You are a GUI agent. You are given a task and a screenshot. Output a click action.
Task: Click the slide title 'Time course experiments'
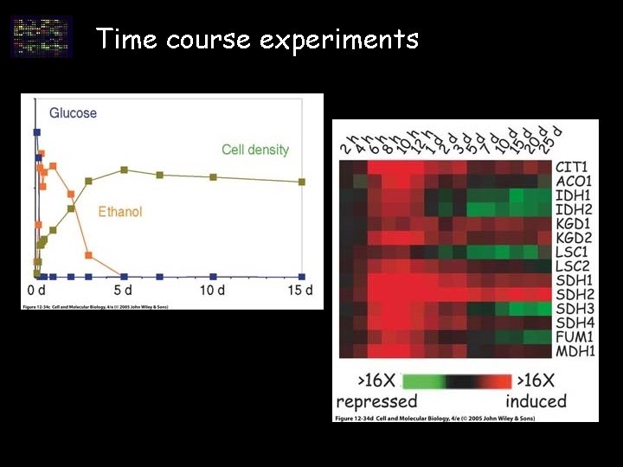pos(257,39)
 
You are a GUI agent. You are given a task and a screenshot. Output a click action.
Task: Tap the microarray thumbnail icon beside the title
pos(41,36)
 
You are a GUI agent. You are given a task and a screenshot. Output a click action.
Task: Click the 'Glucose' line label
pos(74,112)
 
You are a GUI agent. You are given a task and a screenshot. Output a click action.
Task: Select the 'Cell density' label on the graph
pos(255,150)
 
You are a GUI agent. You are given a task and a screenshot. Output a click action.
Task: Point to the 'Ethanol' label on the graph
pos(120,212)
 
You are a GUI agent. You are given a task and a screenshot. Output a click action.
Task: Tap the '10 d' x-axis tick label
pos(213,290)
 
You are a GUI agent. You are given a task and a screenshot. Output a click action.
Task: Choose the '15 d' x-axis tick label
pos(300,290)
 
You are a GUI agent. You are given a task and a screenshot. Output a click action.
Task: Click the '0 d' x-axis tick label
pos(35,290)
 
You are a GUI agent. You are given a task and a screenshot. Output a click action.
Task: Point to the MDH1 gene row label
pos(575,351)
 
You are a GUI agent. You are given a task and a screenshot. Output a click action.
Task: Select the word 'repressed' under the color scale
pos(376,401)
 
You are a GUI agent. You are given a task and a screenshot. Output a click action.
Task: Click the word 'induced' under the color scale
pos(536,401)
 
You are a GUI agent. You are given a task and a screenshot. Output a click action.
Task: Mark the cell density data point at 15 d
pos(302,182)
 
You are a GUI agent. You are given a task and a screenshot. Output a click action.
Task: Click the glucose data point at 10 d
pos(213,277)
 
